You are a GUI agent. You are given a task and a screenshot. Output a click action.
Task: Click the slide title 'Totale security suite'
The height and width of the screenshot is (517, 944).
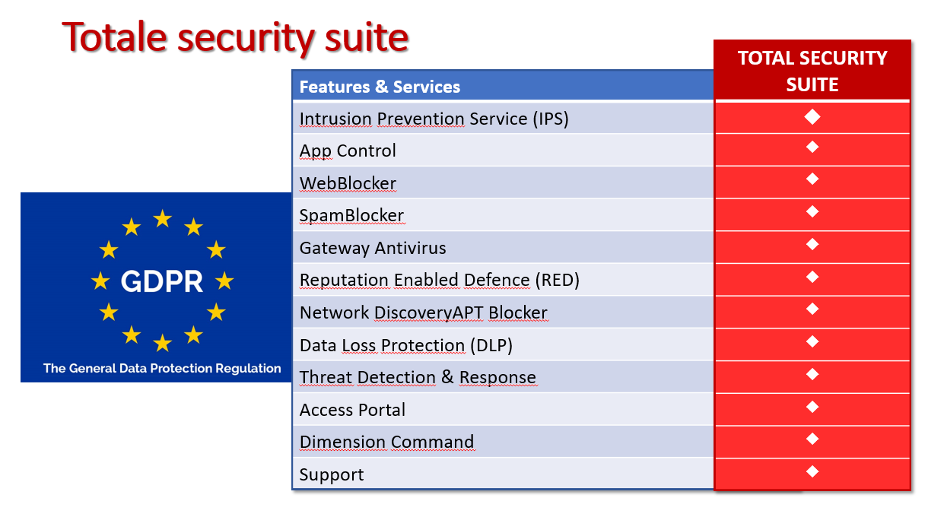click(235, 38)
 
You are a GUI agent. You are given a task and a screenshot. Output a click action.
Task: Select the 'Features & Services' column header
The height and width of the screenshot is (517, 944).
click(380, 87)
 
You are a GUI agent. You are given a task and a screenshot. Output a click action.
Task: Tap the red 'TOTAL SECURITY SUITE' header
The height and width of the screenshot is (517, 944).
click(812, 71)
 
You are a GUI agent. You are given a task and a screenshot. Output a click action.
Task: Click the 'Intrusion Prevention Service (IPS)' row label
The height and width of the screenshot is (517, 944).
click(434, 119)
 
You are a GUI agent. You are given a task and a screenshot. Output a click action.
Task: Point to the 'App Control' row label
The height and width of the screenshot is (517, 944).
click(348, 151)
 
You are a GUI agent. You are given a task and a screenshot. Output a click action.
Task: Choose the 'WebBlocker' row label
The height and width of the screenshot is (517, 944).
click(348, 183)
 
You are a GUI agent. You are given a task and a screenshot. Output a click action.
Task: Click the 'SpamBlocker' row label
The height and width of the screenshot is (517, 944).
click(351, 216)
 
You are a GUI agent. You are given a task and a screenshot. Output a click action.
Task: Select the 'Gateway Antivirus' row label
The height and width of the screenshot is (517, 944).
click(373, 248)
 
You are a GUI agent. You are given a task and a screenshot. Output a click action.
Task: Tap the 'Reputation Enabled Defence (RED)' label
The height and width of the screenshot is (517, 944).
click(440, 281)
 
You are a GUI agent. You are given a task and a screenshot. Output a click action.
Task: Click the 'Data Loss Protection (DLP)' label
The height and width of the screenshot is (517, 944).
click(406, 345)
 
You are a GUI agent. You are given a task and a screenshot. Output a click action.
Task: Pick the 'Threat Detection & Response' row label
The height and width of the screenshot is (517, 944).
click(418, 378)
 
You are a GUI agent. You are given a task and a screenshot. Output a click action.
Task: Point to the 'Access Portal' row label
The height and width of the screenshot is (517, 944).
click(352, 410)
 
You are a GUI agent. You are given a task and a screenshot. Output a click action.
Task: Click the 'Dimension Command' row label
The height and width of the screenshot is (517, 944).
click(386, 442)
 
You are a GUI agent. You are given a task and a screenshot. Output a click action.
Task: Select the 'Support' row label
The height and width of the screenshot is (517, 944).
click(331, 475)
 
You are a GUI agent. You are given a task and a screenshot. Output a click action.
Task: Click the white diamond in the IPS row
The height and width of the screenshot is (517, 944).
click(812, 117)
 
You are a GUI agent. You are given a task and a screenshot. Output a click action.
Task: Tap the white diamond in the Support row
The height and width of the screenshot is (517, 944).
click(812, 471)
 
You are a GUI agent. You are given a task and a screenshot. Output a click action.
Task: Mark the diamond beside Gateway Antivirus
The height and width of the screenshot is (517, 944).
click(812, 244)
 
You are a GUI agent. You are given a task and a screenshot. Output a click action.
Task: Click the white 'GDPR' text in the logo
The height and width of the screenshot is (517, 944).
click(162, 281)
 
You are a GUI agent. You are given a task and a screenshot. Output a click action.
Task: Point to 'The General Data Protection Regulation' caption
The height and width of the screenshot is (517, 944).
click(162, 368)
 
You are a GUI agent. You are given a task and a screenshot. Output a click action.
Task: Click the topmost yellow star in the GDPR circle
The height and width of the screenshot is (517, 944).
click(162, 219)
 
